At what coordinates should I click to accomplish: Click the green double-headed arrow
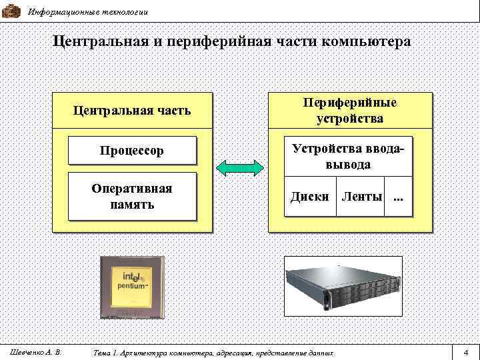[x=240, y=167]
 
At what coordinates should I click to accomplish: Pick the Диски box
[x=309, y=197]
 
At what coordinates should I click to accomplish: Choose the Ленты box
[x=361, y=197]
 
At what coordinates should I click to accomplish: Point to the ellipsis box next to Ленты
[x=399, y=197]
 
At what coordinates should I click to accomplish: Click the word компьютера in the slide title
[x=365, y=41]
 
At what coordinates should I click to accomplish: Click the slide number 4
[x=465, y=352]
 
